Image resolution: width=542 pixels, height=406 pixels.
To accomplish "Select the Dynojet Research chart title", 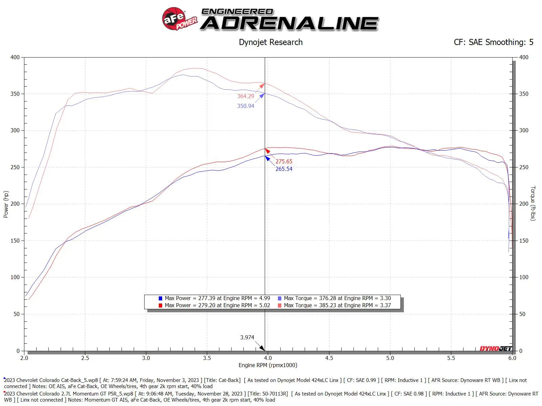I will pos(270,42).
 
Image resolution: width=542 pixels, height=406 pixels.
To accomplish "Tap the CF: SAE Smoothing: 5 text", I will pos(493,42).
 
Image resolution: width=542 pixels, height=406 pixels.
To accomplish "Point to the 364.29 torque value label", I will pos(245,96).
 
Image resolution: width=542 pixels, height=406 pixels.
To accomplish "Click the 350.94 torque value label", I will pos(245,106).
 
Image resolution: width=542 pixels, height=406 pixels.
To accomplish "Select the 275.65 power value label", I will pos(284,161).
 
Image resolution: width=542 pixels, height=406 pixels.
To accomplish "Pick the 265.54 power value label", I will pos(284,169).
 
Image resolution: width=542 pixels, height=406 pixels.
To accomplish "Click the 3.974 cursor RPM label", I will pos(247,337).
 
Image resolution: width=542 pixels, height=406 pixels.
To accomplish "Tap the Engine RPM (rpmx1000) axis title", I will pos(268,365).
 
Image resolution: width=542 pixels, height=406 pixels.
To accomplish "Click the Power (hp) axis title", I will pos(6,204).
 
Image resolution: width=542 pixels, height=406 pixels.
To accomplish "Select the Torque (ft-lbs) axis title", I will pos(533,203).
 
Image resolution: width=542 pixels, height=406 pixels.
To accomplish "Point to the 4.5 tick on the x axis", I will pos(329,358).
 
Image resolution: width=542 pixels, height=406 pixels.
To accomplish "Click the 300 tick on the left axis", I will pos(15,130).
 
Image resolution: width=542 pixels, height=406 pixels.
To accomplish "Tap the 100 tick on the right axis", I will pos(524,277).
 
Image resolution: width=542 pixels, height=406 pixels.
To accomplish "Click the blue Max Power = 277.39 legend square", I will pos(160,298).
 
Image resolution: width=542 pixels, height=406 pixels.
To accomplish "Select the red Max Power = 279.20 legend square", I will pos(160,306).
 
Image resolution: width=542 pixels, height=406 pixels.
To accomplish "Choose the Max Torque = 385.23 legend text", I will pos(337,305).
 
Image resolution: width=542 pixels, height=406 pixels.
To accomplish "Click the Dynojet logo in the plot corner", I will pos(496,348).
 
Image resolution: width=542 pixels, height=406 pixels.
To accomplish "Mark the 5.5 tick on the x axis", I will pos(451,358).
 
